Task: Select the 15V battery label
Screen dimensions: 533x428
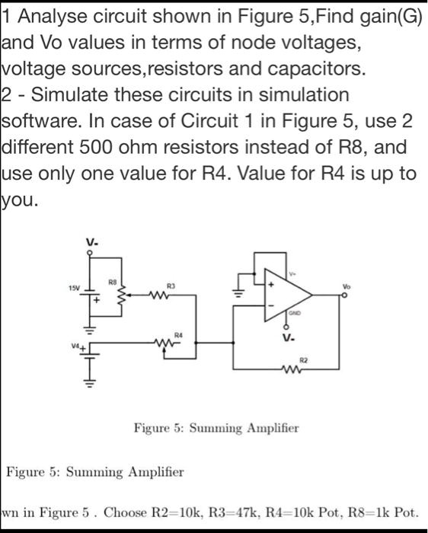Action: pos(73,289)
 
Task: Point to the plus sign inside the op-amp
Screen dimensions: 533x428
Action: pos(270,283)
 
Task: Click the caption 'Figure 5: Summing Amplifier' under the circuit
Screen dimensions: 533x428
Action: pos(216,428)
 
